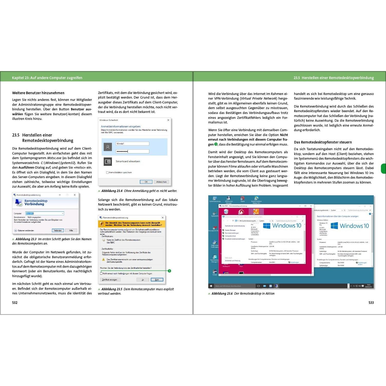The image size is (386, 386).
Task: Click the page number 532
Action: coord(15,303)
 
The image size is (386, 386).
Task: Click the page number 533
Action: coord(371,303)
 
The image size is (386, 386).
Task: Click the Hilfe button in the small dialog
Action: coord(71,230)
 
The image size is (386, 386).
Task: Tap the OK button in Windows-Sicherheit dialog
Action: coord(146,182)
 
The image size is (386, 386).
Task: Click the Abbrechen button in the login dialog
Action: coord(161,182)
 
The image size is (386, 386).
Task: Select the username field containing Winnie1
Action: coord(132,144)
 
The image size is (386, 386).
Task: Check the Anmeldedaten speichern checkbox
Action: coord(107,172)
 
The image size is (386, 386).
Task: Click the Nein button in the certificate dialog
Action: coord(157,280)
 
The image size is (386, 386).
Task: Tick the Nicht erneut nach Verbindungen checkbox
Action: coord(101,274)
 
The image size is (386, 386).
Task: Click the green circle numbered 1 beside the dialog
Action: coord(169,271)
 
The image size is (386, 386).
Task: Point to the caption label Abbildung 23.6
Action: coord(222,294)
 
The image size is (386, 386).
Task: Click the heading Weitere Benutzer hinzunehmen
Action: coord(38,93)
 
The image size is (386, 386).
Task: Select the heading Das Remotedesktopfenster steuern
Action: coord(323,142)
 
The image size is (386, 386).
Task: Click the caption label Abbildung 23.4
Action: coord(112,191)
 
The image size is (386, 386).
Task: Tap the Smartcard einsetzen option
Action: coord(128,161)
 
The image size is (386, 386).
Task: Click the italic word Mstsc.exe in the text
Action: coord(54,158)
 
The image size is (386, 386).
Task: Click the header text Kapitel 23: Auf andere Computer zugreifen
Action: coord(47,78)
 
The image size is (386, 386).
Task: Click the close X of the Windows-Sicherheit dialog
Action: coord(168,120)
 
